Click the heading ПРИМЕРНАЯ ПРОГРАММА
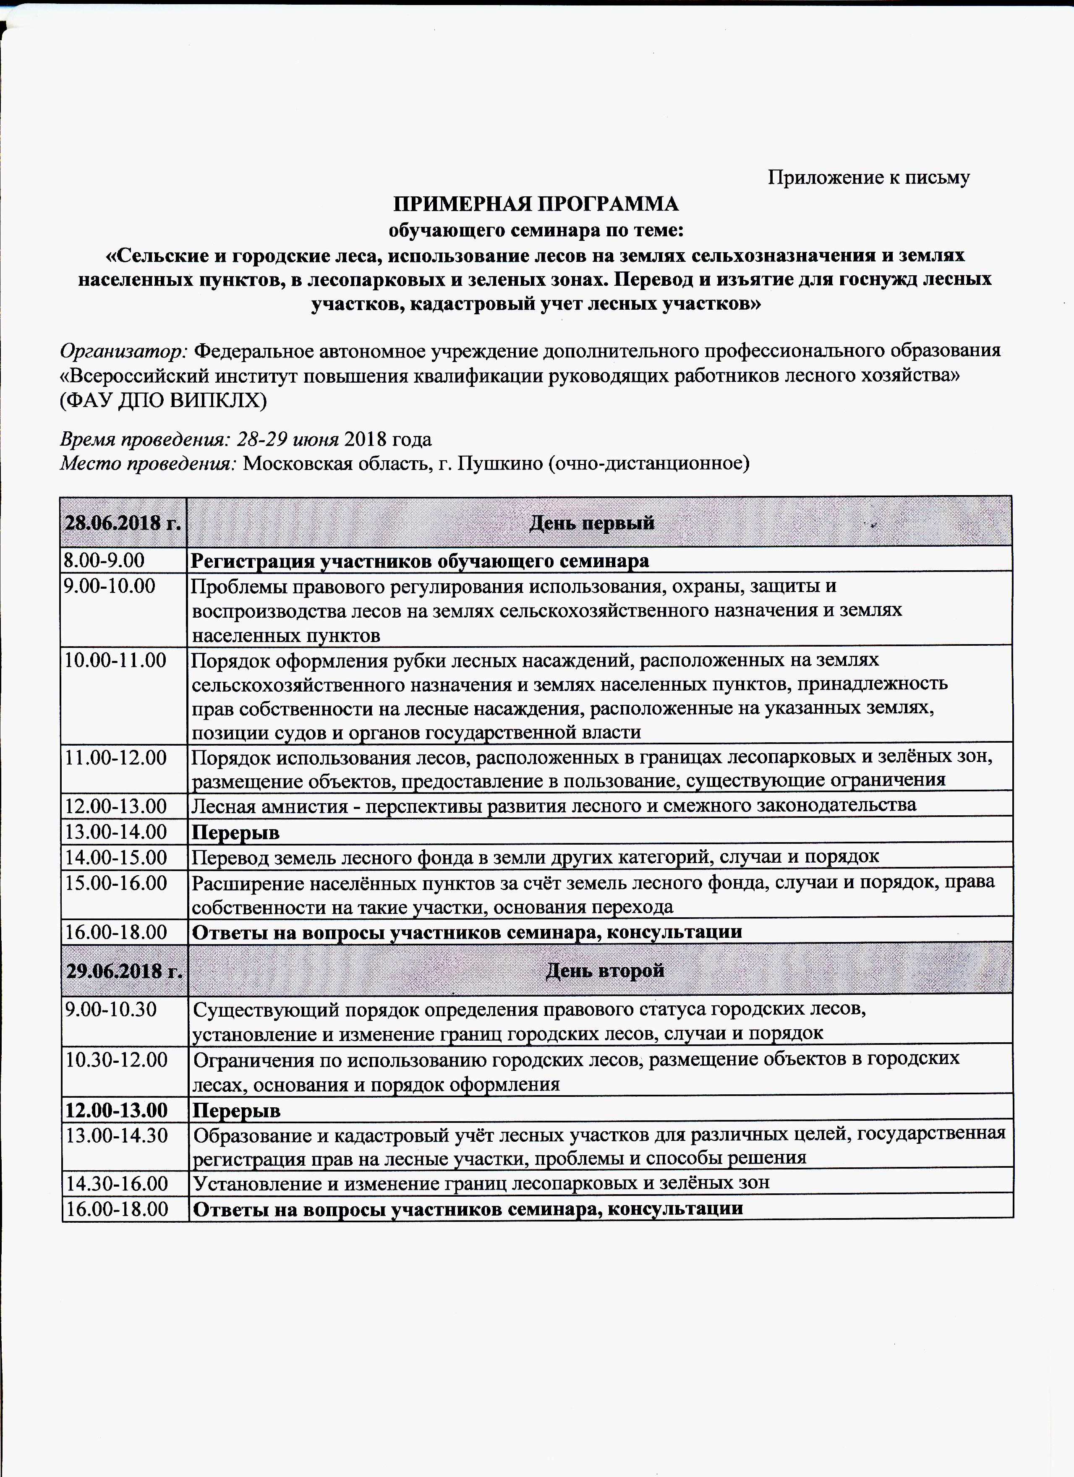pos(536,204)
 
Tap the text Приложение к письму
pos(869,177)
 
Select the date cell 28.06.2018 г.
pos(123,523)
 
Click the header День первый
pos(591,523)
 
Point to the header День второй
pos(604,971)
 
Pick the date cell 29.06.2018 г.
pos(124,971)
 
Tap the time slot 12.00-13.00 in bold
pos(116,1109)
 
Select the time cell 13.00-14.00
pos(115,832)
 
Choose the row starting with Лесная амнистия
pos(554,806)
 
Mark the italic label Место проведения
pos(149,463)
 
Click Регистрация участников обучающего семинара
pos(420,560)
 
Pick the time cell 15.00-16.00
pos(115,883)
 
